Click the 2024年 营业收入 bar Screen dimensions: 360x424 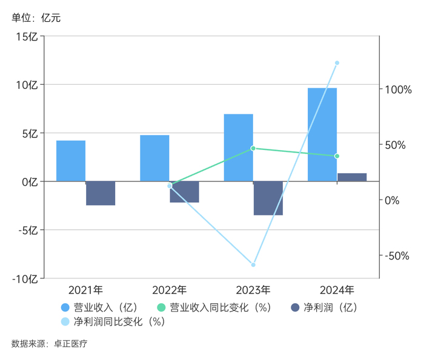(322, 134)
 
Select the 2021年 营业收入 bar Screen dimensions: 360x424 (71, 161)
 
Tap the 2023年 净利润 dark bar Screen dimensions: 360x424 (268, 198)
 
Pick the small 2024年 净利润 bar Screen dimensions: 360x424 (352, 177)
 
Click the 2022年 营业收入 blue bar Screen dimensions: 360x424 (154, 158)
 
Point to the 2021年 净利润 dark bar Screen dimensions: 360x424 (101, 193)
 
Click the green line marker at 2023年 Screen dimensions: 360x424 (253, 148)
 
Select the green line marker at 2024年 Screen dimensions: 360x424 (337, 156)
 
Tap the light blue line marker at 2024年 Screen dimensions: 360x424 (337, 63)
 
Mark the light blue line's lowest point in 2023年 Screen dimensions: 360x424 (253, 265)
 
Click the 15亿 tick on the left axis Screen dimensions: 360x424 (28, 36)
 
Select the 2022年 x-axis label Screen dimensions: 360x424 (169, 290)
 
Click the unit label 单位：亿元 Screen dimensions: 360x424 (36, 18)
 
